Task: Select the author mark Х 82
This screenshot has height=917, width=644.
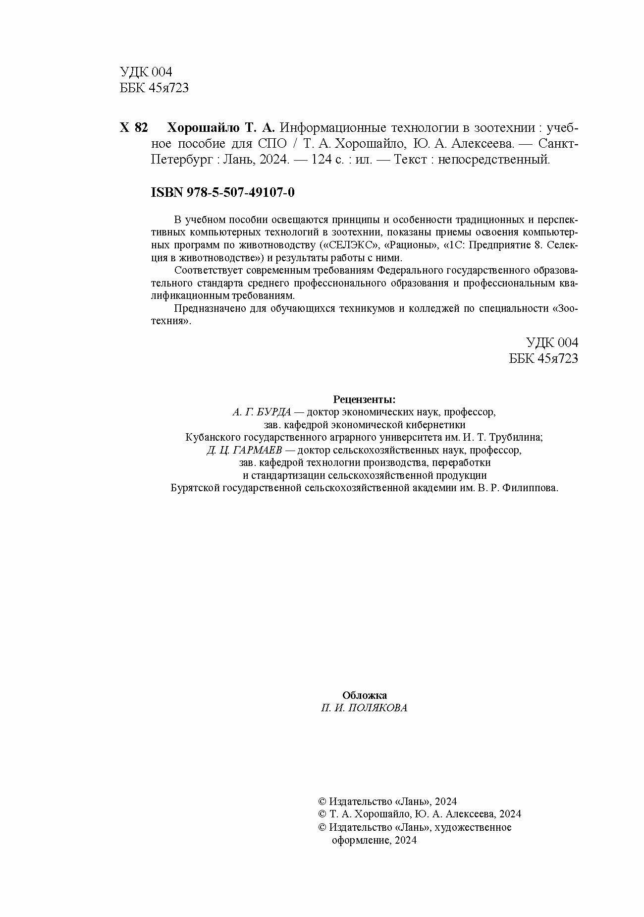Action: pyautogui.click(x=134, y=128)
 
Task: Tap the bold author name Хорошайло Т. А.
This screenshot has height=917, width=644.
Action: pyautogui.click(x=220, y=128)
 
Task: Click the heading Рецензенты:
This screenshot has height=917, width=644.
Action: pyautogui.click(x=364, y=400)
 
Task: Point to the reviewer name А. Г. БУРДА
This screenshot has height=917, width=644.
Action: pyautogui.click(x=262, y=412)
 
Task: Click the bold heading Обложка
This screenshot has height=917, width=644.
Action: pyautogui.click(x=365, y=695)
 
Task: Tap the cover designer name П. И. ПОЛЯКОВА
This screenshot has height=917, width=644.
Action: pyautogui.click(x=364, y=708)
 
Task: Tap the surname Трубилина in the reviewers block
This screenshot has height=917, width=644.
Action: pyautogui.click(x=516, y=438)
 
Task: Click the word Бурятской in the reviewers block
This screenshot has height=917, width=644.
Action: pyautogui.click(x=195, y=488)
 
